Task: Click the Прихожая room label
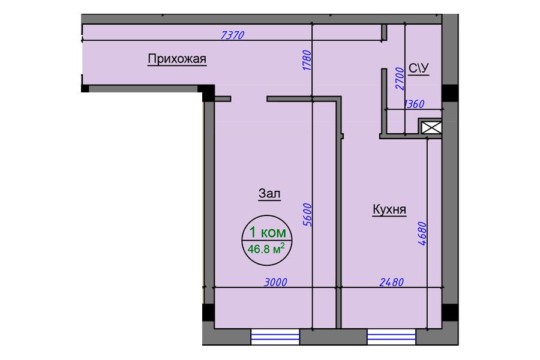[x=177, y=59]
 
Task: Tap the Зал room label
[x=269, y=194]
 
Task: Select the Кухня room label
[x=389, y=209]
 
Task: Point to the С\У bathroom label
[x=419, y=68]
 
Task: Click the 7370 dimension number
[x=232, y=35]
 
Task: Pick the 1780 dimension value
[x=307, y=61]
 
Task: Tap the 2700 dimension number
[x=400, y=79]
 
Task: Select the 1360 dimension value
[x=414, y=104]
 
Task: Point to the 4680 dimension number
[x=422, y=233]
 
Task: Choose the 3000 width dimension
[x=275, y=283]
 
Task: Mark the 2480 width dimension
[x=392, y=283]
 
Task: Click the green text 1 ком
[x=268, y=232]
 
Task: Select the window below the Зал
[x=275, y=337]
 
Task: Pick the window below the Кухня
[x=392, y=337]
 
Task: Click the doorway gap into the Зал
[x=249, y=99]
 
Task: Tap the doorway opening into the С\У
[x=384, y=55]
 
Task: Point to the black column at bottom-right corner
[x=450, y=312]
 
